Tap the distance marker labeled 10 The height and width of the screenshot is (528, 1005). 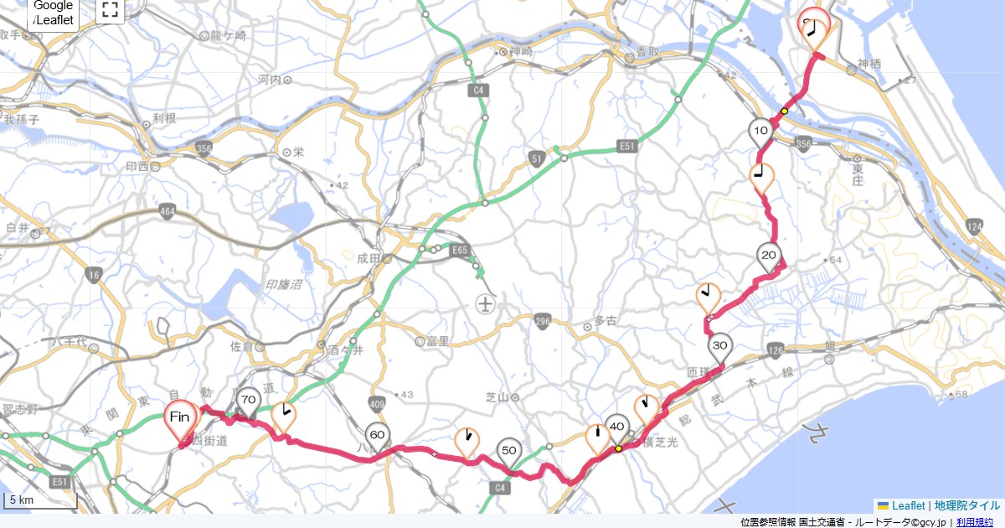click(x=760, y=132)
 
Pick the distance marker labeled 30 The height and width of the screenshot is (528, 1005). click(x=719, y=346)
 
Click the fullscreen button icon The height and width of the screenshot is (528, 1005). click(x=110, y=10)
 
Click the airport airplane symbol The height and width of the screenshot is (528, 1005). click(x=484, y=303)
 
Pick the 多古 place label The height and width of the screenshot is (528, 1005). click(x=605, y=320)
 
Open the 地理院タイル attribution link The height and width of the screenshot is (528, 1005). click(x=967, y=505)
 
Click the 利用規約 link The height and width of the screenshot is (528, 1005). click(x=976, y=522)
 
